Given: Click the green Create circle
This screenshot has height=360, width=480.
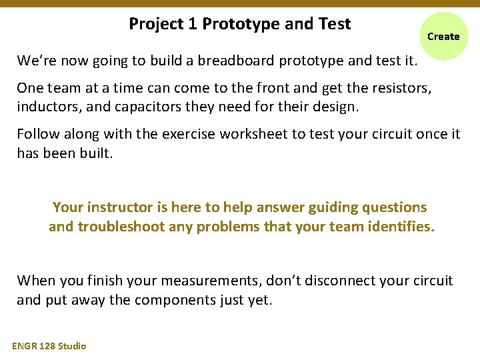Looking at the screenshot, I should (x=443, y=36).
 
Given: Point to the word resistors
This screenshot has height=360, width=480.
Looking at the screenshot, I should (x=399, y=87).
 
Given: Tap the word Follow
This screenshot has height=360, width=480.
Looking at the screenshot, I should (x=38, y=133).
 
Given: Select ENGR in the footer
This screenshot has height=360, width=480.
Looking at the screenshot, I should (x=25, y=345).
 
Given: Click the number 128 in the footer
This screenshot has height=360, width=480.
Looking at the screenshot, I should (x=48, y=345).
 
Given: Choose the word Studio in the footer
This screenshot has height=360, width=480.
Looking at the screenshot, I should (x=72, y=345).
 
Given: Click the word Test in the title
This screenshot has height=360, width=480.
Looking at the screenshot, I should (x=335, y=24).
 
